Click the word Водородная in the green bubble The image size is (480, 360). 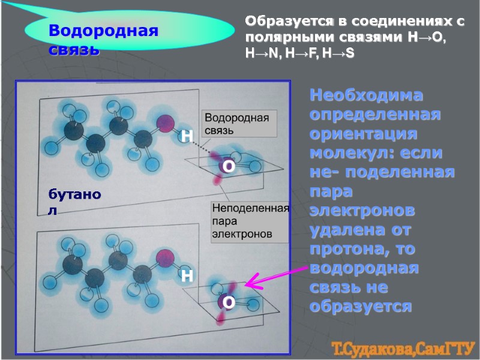click(x=103, y=31)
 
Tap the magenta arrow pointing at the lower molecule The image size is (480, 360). click(x=276, y=278)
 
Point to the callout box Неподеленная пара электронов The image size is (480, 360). click(x=249, y=221)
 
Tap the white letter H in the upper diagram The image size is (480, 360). click(x=187, y=136)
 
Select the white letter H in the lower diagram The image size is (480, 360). click(x=187, y=276)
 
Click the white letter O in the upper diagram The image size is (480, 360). click(x=228, y=168)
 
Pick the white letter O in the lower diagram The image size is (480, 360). click(x=228, y=303)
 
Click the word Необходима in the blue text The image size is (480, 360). click(x=367, y=95)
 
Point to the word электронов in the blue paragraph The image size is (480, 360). click(x=362, y=211)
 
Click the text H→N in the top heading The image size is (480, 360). click(x=260, y=53)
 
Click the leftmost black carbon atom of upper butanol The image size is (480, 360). click(x=73, y=131)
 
